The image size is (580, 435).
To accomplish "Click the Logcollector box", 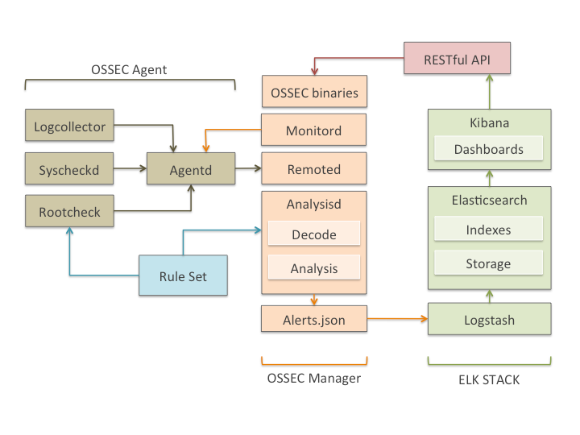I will pos(70,126).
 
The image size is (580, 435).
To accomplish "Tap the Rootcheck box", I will pos(70,213).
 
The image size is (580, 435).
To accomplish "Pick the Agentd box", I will pos(190,170).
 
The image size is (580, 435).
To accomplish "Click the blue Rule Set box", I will pos(183,276).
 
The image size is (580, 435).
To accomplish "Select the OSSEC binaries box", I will pos(313,92).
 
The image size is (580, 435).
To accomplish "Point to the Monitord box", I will pos(313,130).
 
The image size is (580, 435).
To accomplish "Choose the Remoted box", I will pos(313,170).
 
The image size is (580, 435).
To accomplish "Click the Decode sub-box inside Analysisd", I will pos(313,234).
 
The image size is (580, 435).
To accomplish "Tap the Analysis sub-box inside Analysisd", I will pos(313,268).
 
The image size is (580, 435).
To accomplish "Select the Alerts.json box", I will pos(313,320).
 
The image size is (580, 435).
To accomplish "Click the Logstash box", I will pos(488,320).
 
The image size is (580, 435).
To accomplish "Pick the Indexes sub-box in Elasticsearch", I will pos(488,230).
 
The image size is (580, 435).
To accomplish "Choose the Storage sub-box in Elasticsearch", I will pos(488,263).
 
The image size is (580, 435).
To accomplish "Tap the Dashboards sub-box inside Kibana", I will pos(488,149).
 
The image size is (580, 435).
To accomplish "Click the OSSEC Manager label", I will pos(313,378).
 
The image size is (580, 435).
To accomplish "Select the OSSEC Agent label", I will pos(129,69).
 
